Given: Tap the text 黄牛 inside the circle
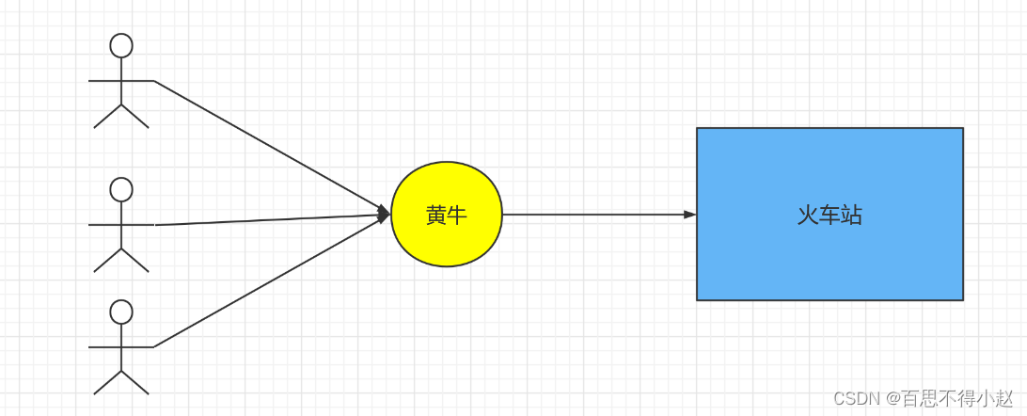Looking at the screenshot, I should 447,216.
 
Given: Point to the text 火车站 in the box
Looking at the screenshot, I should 829,216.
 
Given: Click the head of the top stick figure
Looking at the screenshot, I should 121,45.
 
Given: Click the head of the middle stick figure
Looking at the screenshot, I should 121,189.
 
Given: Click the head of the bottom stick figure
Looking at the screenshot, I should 121,312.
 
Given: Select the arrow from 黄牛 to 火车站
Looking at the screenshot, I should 592,215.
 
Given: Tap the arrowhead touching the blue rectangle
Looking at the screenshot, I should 689,215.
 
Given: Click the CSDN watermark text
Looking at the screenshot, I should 854,398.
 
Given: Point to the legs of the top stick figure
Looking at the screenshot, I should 121,116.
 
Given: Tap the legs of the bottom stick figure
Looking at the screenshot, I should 121,382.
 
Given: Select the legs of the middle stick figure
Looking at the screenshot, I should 121,260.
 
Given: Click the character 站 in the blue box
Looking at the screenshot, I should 851,216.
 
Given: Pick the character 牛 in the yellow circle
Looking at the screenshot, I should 457,216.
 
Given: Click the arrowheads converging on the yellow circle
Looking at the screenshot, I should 384,214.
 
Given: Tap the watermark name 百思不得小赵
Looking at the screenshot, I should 957,398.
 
